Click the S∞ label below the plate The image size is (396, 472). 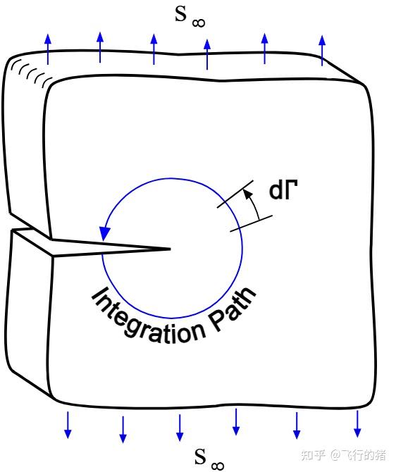click(209, 459)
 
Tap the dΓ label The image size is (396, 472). click(283, 190)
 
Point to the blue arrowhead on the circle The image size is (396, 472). click(105, 233)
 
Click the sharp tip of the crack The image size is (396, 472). click(171, 249)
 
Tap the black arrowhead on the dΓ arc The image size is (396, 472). click(247, 194)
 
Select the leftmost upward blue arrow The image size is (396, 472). click(48, 49)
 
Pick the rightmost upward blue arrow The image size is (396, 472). click(322, 50)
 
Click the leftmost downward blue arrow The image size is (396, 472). click(68, 425)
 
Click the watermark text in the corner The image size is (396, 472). click(343, 455)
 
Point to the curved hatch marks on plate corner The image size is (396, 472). click(31, 72)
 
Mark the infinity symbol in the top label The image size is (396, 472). click(199, 23)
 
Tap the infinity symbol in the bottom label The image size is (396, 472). click(218, 466)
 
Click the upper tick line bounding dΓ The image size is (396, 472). click(235, 194)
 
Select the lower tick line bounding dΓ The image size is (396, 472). click(251, 223)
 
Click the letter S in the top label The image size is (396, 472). click(180, 14)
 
